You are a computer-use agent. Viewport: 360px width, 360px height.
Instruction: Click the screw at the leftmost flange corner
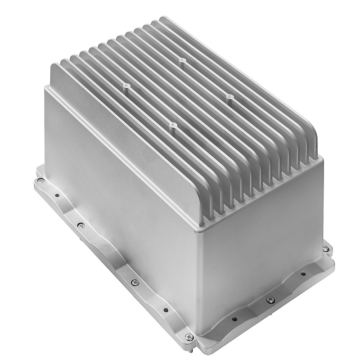[x=40, y=180]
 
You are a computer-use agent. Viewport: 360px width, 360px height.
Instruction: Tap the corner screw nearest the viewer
[x=189, y=337]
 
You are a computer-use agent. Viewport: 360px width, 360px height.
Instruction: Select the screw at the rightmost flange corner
[x=326, y=248]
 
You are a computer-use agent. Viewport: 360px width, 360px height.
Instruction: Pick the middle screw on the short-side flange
[x=270, y=300]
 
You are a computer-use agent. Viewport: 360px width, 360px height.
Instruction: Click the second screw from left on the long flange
[x=81, y=225]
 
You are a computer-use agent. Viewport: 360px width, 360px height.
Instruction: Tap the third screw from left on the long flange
[x=134, y=282]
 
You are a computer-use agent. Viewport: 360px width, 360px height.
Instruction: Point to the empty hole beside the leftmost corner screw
[x=57, y=195]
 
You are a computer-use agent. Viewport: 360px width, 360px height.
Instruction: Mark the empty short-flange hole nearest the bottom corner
[x=234, y=319]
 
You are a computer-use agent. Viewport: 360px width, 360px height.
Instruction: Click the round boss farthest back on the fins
[x=181, y=60]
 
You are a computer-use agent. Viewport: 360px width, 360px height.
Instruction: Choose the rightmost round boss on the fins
[x=229, y=97]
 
